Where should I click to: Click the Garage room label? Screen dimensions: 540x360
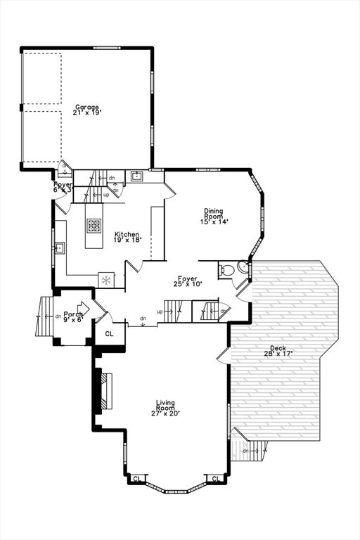(87, 107)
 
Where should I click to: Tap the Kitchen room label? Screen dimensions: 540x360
(127, 234)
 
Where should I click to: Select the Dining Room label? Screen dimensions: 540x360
(214, 213)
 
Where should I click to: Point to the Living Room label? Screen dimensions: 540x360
(165, 405)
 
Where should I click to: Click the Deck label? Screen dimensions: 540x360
(278, 349)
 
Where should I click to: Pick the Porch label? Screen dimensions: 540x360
(73, 314)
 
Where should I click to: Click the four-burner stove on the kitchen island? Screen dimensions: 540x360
(94, 226)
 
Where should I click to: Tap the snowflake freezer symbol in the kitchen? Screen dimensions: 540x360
(106, 280)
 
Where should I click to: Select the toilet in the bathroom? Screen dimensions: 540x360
(227, 269)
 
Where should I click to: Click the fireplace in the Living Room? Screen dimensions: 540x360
(106, 390)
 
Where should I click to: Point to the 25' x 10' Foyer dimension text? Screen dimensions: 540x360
(188, 284)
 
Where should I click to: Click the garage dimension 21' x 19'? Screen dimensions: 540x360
(87, 112)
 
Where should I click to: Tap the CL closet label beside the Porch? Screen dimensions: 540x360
(109, 334)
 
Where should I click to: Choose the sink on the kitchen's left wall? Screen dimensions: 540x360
(60, 247)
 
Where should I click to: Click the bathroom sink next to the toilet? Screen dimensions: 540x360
(243, 266)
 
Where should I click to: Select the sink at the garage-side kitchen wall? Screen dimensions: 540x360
(136, 176)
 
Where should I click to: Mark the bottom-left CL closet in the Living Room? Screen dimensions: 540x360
(136, 478)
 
